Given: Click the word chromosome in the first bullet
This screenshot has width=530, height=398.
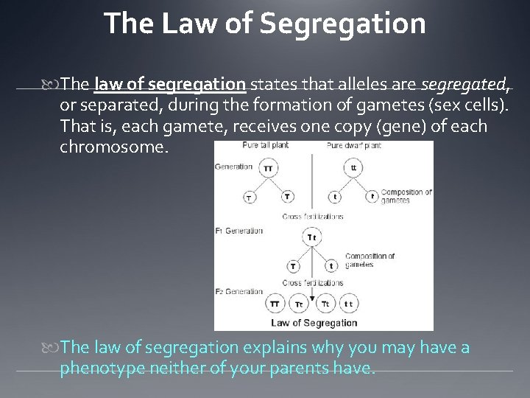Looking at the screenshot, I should tap(114, 147).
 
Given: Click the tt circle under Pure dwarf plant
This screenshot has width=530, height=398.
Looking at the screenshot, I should tap(355, 168).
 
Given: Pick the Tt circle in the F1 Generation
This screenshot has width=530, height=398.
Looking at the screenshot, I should tap(312, 237).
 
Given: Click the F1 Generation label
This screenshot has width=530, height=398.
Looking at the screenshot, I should tap(239, 231).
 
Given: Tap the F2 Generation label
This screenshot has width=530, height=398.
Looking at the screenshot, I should tap(239, 292).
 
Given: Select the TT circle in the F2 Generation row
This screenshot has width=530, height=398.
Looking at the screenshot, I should tap(274, 304).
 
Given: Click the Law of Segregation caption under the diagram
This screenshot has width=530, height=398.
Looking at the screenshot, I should tap(314, 322).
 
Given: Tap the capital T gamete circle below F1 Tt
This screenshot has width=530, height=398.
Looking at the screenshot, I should tap(293, 266).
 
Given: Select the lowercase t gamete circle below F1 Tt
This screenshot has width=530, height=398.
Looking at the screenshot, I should tap(331, 266).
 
